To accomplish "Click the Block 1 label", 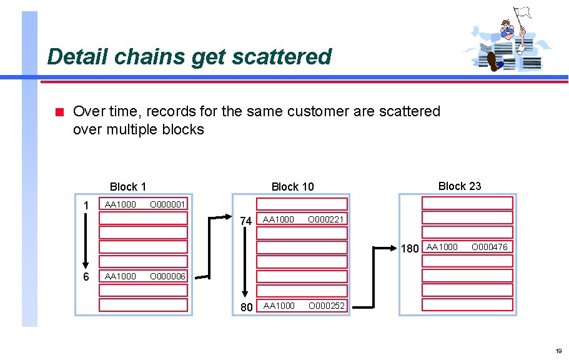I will (127, 186).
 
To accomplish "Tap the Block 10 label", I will (292, 186).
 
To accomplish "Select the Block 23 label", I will (460, 186).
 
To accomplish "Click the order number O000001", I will (167, 204).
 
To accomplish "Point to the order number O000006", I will (167, 276).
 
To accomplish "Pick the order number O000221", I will (325, 219).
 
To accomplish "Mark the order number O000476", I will (489, 247).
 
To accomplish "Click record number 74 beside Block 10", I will (246, 221).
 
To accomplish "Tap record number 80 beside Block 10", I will (246, 307).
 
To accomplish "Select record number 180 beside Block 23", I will (410, 249).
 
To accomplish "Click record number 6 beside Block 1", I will (86, 277).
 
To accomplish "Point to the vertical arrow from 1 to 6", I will (86, 240).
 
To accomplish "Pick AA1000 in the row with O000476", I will (442, 247).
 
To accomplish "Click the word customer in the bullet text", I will (319, 111).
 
